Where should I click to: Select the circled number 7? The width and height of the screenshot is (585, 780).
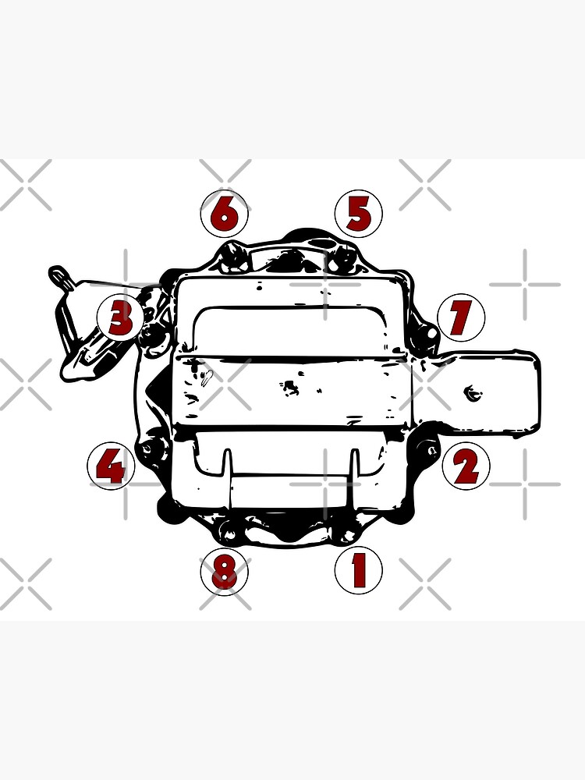coord(461,317)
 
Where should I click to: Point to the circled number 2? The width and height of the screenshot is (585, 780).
coord(466,467)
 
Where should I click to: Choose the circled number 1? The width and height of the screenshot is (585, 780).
coord(358,570)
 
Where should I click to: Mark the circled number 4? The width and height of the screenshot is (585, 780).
coord(111,468)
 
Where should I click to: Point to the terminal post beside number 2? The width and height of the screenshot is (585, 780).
coord(427,450)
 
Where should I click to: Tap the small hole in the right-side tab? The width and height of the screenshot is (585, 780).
coord(471,392)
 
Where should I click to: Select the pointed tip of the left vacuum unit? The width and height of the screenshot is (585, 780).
coord(56,272)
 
